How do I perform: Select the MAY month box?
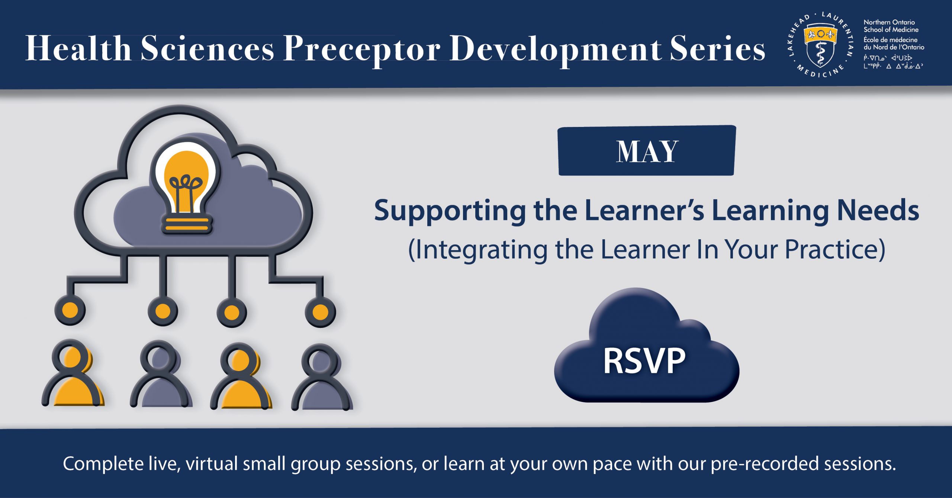click(647, 150)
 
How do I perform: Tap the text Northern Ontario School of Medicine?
click(891, 26)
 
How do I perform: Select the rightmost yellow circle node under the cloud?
click(320, 312)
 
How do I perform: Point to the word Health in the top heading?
click(78, 48)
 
